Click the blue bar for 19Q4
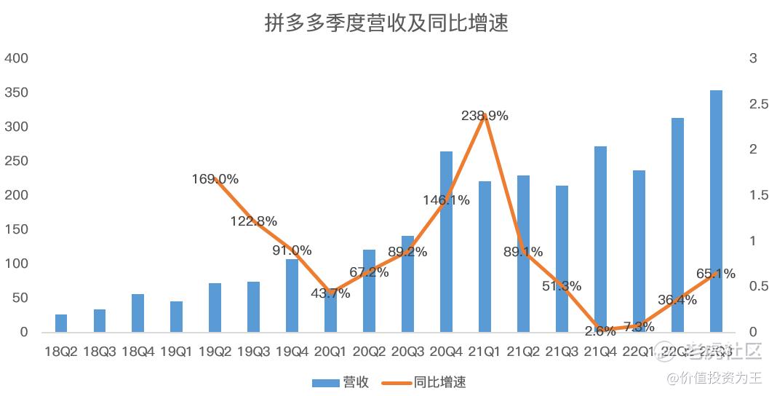tap(292, 296)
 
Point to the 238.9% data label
tap(485, 116)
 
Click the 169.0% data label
tap(215, 179)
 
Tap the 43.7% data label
tap(330, 293)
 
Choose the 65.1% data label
tap(715, 274)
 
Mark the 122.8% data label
tap(253, 221)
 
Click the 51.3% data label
tap(561, 286)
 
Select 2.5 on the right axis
tap(758, 104)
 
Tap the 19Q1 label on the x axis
tap(176, 352)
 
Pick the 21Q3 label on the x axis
tap(561, 352)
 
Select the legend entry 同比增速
tap(426, 381)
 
